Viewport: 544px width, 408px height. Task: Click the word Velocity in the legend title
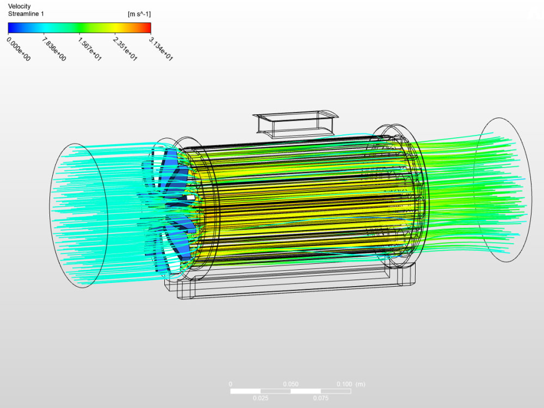coord(20,6)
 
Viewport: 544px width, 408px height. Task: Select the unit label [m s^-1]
coord(139,14)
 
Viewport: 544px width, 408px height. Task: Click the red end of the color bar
coord(147,28)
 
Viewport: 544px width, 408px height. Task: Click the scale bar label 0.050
coord(290,384)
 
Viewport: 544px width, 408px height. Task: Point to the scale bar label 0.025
coord(261,398)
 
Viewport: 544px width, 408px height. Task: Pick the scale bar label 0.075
coord(321,398)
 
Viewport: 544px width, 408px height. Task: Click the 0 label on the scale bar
coord(231,384)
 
